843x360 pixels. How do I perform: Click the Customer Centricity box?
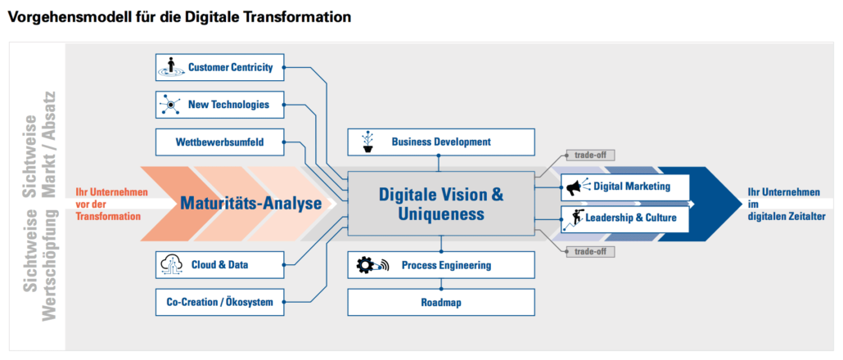click(219, 67)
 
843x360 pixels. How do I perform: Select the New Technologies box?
click(219, 105)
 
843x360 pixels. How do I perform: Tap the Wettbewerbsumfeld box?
click(219, 142)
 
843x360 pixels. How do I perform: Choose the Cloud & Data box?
click(219, 264)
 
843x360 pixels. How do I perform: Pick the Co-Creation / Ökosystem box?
click(219, 302)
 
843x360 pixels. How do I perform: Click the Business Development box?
click(441, 142)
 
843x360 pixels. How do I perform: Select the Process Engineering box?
click(441, 264)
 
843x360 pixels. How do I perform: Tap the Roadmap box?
click(441, 302)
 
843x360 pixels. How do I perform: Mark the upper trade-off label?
click(589, 155)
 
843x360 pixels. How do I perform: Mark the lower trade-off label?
click(589, 251)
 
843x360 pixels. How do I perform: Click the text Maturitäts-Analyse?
click(251, 204)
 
